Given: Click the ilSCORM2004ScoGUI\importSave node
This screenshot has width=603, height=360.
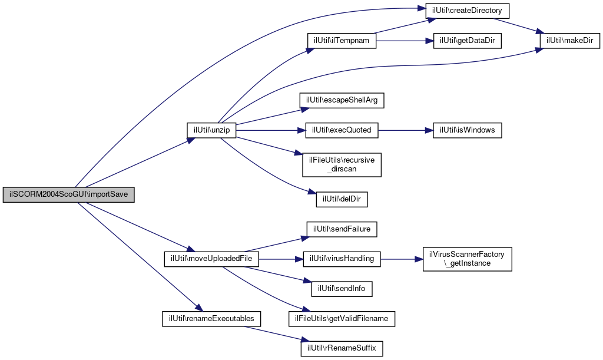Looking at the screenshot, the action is (x=68, y=194).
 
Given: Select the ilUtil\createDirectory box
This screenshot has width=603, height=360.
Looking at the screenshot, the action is (x=467, y=11).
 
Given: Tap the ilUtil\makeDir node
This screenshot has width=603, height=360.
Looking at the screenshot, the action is (x=570, y=41).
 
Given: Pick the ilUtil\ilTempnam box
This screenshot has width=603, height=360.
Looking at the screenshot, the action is (x=342, y=41).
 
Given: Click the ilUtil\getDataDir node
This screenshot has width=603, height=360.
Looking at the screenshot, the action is (x=467, y=41).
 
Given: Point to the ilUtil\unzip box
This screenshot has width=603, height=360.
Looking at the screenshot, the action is (x=211, y=130).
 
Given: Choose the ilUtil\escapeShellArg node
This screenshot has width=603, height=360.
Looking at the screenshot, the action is (x=342, y=101).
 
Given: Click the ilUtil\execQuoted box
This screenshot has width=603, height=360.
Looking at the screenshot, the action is (x=342, y=130).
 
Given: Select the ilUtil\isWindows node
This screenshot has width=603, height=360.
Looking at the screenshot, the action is (x=467, y=130).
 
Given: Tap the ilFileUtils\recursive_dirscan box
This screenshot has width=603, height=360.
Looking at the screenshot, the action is (x=342, y=164).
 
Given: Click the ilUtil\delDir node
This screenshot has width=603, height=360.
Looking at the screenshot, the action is (x=342, y=199).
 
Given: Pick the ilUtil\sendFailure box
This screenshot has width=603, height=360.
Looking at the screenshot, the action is (x=342, y=229).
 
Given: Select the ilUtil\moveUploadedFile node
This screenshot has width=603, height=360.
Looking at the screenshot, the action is (x=211, y=259).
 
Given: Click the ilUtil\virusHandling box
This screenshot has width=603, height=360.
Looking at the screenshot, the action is (x=342, y=259).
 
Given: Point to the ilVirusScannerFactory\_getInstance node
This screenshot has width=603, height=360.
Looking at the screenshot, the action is (x=467, y=259).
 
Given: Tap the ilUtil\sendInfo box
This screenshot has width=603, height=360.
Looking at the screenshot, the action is (x=342, y=289).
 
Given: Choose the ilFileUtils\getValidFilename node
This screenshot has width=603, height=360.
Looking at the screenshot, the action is (x=342, y=319).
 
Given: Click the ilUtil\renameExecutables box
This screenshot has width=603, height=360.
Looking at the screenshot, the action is (x=211, y=319).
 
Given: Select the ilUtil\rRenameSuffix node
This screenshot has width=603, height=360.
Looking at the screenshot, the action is (x=342, y=349).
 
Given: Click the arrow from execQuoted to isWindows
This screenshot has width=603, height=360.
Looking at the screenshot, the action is (x=406, y=130).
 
